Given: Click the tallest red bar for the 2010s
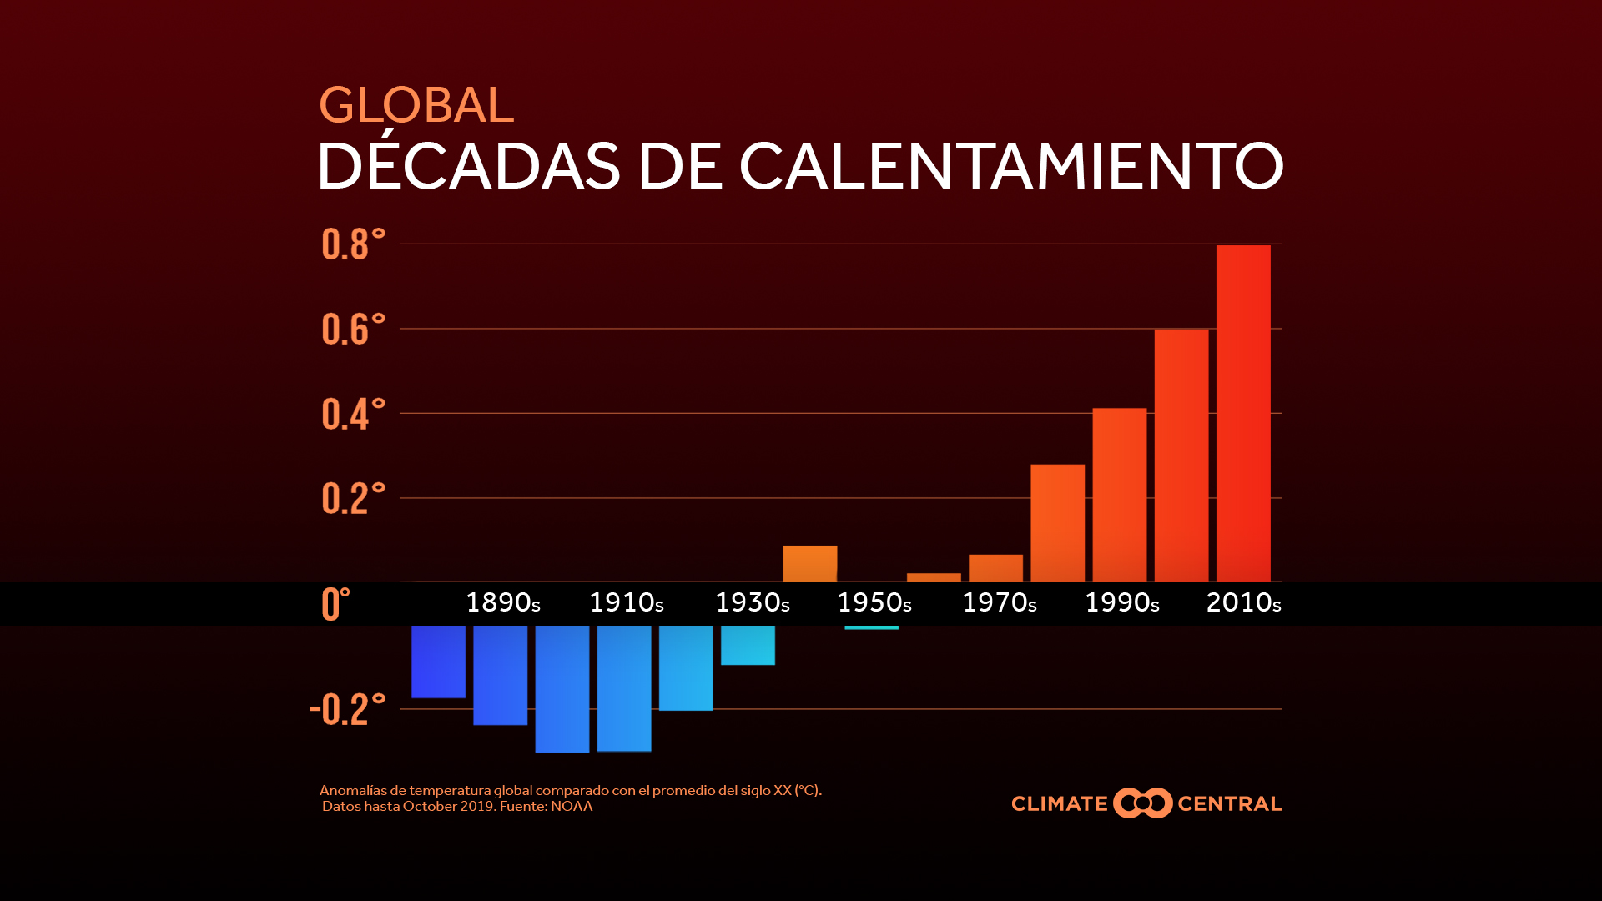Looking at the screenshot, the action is (x=1243, y=413).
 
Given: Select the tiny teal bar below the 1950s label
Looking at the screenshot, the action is (x=872, y=627).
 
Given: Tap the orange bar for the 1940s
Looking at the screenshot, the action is (x=810, y=564).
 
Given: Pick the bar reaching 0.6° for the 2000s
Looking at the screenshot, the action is (x=1181, y=456).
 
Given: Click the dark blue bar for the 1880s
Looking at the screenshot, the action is (x=438, y=662).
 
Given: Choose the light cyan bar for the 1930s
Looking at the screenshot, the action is (x=748, y=645).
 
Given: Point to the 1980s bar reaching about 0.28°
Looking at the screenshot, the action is (x=1058, y=523).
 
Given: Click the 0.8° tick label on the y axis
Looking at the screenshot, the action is (x=353, y=244).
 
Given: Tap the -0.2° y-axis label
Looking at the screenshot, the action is (x=347, y=709).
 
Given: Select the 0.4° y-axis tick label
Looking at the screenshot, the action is (x=353, y=414).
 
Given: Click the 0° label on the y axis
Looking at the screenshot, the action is (x=335, y=603).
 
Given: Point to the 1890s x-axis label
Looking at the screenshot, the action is (x=503, y=602).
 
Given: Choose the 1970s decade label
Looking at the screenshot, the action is (x=1000, y=602).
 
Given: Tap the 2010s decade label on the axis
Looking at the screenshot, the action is (x=1244, y=602).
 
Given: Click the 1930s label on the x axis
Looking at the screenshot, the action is (x=753, y=602).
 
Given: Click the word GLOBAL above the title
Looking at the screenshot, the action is (x=416, y=105).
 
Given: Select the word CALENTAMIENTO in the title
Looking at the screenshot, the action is (x=1011, y=165).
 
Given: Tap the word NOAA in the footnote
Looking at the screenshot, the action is (x=572, y=807).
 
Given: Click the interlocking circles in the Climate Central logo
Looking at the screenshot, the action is (x=1143, y=803).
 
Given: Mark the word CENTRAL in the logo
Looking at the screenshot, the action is (x=1230, y=804).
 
